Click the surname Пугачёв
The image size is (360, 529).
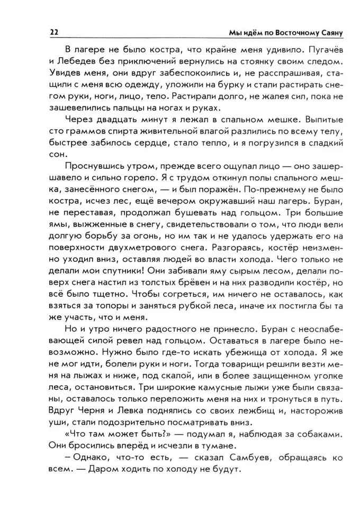pos(323,49)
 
